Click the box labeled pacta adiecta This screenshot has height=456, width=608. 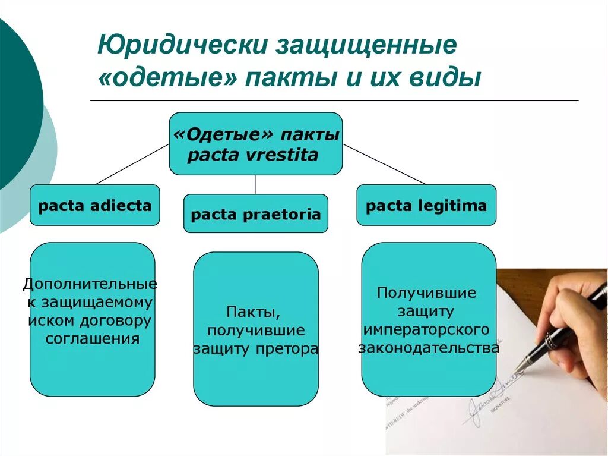tap(95, 206)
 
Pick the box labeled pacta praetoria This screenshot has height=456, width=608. tap(255, 214)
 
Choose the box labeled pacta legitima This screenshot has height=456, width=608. tap(426, 206)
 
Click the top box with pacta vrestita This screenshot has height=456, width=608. tap(255, 144)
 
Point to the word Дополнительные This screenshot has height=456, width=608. tap(90, 284)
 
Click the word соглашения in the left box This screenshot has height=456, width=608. tap(93, 340)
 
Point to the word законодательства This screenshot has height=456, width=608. tap(428, 348)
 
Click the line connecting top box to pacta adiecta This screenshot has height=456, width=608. tap(132, 164)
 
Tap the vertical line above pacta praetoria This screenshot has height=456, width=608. tap(256, 184)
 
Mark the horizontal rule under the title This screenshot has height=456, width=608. tap(334, 101)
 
